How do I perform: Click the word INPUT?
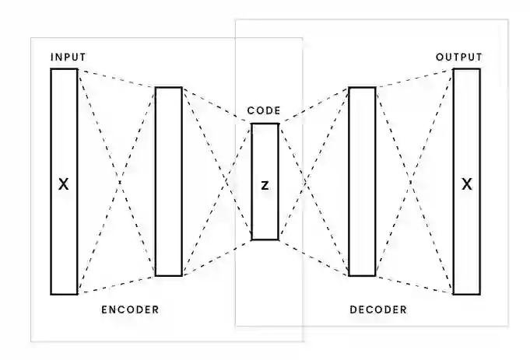tap(68, 58)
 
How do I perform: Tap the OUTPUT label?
tap(458, 58)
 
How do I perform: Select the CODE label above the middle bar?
tap(264, 111)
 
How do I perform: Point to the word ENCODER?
tap(130, 309)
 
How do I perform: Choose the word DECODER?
tap(378, 309)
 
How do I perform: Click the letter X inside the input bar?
tap(64, 185)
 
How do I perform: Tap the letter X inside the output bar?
tap(466, 185)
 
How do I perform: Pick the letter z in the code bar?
tap(265, 186)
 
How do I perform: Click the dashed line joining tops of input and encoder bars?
tap(117, 79)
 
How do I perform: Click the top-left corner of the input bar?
tap(51, 69)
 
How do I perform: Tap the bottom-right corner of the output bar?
tap(479, 295)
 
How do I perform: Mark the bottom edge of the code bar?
tap(265, 239)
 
